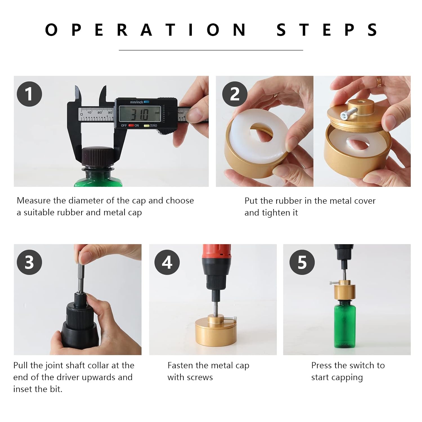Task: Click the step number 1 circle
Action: point(29,94)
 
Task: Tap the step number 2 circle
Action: point(235,94)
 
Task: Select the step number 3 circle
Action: point(29,262)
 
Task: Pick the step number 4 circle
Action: point(167,262)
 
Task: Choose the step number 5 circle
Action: point(302,262)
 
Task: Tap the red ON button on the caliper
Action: point(131,125)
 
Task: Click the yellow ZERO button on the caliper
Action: point(146,125)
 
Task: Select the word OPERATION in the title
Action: point(146,30)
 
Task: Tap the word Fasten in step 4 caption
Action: point(180,365)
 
